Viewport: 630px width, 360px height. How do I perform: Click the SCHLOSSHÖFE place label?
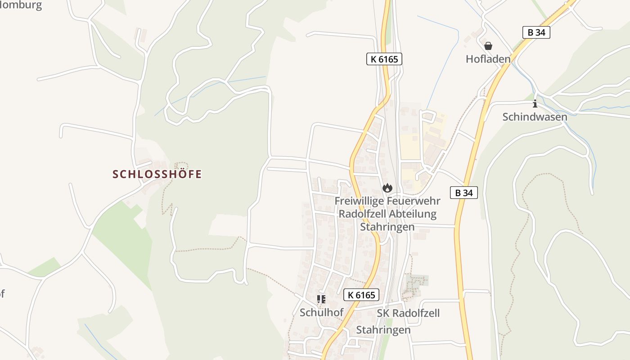point(157,174)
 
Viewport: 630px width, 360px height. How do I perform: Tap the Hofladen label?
point(488,59)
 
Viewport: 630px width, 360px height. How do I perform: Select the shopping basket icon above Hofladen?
point(488,46)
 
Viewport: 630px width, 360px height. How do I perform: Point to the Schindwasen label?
point(535,117)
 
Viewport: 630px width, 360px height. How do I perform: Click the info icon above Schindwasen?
point(535,104)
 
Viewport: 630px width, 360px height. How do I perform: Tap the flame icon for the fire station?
point(387,188)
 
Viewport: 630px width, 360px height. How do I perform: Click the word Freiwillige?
point(358,201)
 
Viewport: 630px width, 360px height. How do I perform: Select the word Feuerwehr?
point(413,201)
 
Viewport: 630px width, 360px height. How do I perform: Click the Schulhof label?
point(322,312)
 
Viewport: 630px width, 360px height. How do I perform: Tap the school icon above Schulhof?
point(321,299)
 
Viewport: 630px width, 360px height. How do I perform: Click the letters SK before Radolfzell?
point(383,313)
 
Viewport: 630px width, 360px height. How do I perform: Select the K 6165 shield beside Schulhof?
point(361,295)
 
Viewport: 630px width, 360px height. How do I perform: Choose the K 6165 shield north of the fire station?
point(384,59)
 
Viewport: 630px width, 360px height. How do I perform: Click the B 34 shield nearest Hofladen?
point(536,32)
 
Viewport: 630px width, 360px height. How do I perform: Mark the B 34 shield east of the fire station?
point(464,193)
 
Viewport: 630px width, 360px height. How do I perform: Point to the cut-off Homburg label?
point(21,5)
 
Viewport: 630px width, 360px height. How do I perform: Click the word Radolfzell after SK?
point(416,313)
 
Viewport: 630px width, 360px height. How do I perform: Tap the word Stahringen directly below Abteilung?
point(387,227)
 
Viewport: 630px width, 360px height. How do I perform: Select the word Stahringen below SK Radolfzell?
point(383,330)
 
